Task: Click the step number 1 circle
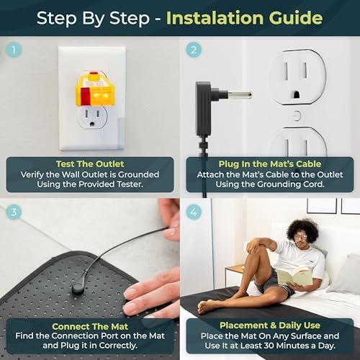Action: click(x=14, y=50)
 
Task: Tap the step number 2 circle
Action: click(x=194, y=50)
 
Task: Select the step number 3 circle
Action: click(x=14, y=212)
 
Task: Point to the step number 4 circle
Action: click(x=194, y=212)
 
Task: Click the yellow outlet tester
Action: click(x=95, y=89)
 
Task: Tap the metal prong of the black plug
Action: click(x=239, y=94)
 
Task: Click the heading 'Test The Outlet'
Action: click(x=90, y=164)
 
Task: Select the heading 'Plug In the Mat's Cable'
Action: click(x=270, y=164)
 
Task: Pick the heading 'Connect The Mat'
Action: click(x=90, y=326)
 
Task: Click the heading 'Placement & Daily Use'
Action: click(x=270, y=325)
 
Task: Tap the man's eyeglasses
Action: click(x=300, y=237)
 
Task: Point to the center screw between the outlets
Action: click(x=297, y=116)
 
